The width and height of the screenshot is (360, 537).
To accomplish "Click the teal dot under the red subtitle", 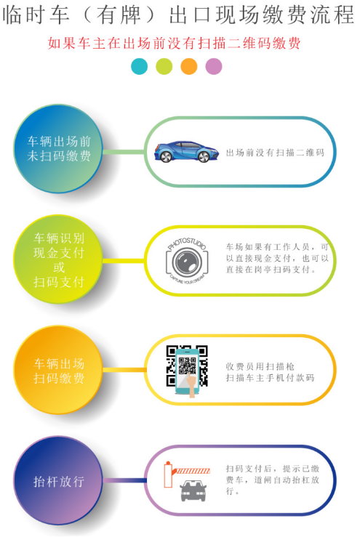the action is click(139, 66).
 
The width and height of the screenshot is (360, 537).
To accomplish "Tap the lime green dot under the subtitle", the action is click(164, 66).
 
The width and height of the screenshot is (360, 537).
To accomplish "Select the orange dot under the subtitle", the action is click(189, 66).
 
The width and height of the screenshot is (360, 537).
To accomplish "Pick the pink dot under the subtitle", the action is click(214, 66).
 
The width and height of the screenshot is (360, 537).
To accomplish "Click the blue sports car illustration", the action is click(186, 152).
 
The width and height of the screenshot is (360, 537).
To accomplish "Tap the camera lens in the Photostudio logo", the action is click(187, 262).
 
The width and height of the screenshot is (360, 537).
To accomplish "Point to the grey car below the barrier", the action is click(193, 490).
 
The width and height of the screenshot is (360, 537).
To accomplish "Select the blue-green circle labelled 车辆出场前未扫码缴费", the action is click(58, 149).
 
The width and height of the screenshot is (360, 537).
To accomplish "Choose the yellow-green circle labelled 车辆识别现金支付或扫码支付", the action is click(58, 259).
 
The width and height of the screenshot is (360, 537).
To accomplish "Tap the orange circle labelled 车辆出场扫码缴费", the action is click(58, 370).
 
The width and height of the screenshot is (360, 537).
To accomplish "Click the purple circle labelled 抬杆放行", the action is click(58, 481).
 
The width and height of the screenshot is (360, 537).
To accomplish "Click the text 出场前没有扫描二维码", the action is click(275, 153).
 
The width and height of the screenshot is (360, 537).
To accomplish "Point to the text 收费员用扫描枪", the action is click(260, 366).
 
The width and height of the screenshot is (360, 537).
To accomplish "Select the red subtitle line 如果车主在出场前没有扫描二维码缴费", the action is click(174, 44).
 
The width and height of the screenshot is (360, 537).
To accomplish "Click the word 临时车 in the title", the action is click(36, 15).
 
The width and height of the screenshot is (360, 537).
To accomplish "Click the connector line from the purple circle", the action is click(125, 480).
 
